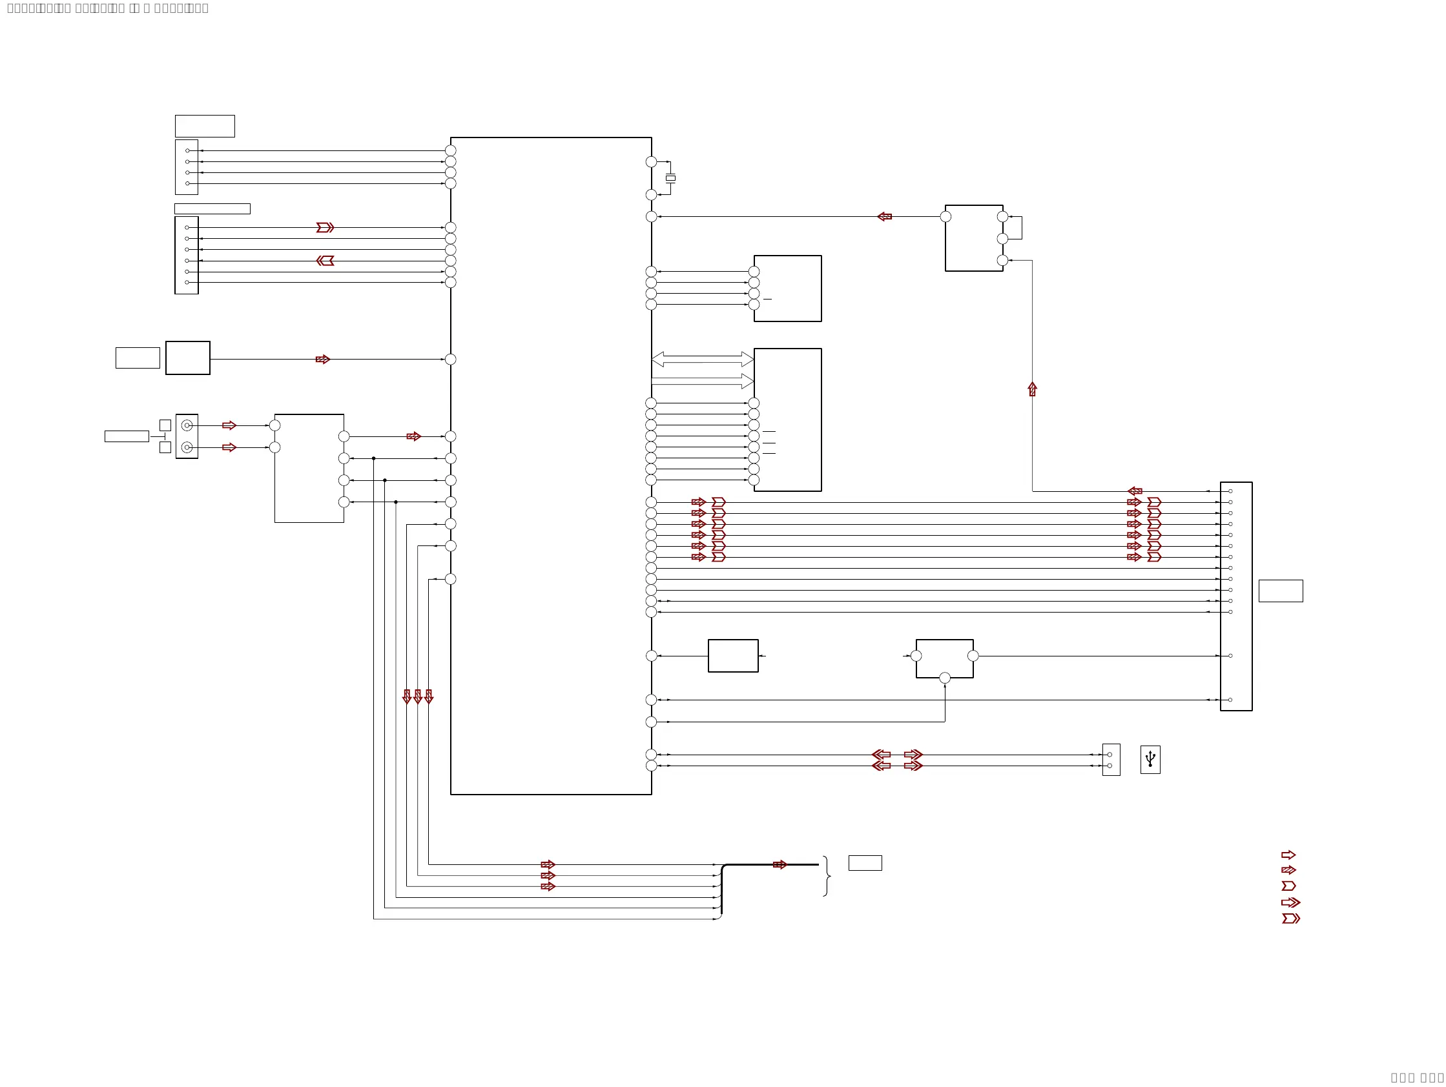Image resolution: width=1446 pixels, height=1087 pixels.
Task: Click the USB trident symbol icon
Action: point(1150,759)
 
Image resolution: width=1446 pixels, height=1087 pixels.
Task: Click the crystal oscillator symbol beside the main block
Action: point(670,178)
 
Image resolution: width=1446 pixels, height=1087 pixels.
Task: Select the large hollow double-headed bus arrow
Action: point(703,359)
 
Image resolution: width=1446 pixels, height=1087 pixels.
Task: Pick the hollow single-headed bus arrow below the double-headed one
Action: point(703,381)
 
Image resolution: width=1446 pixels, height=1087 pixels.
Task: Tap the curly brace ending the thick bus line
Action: point(827,876)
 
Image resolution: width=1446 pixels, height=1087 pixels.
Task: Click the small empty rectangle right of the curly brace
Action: point(865,863)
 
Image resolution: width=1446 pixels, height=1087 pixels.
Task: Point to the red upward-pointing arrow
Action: point(1032,389)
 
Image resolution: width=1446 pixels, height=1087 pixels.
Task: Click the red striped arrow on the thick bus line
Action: point(780,864)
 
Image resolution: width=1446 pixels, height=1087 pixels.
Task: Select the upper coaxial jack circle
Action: point(187,425)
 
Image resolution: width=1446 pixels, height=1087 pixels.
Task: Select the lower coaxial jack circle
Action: point(187,447)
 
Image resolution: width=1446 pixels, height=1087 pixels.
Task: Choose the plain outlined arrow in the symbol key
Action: point(1288,855)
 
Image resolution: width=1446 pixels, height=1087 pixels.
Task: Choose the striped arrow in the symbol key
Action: point(1288,870)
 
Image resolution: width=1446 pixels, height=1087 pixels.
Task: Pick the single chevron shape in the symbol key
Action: point(1288,886)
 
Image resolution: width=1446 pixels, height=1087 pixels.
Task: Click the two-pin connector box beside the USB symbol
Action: point(1111,760)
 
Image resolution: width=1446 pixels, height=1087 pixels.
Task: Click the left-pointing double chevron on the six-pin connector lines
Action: point(325,261)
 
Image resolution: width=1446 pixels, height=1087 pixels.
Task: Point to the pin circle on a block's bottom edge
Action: point(945,678)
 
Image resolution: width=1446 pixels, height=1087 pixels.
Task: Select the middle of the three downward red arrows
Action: point(418,696)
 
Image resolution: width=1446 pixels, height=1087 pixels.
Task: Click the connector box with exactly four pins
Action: point(186,167)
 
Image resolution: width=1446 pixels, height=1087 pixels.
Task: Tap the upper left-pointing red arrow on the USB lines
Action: point(881,755)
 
